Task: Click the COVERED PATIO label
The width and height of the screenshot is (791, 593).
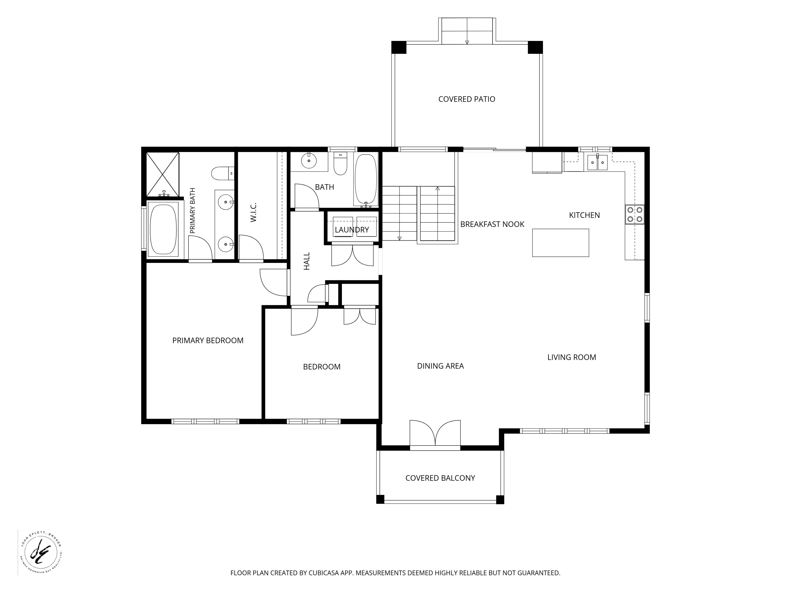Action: coord(467,99)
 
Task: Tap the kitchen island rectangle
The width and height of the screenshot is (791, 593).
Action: coord(560,243)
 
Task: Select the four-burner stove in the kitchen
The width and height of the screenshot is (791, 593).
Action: coord(635,215)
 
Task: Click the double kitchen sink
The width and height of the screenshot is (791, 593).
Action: coord(598,163)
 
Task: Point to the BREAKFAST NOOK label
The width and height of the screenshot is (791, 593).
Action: coord(492,224)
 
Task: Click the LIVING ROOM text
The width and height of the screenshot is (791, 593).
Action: coord(571,357)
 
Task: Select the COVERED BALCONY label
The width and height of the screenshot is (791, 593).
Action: coord(440,478)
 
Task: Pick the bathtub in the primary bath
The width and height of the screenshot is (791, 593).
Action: coord(163,229)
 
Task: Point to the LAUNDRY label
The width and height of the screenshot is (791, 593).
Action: coord(352,230)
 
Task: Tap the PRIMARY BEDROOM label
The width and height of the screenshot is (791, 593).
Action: coord(208,340)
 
